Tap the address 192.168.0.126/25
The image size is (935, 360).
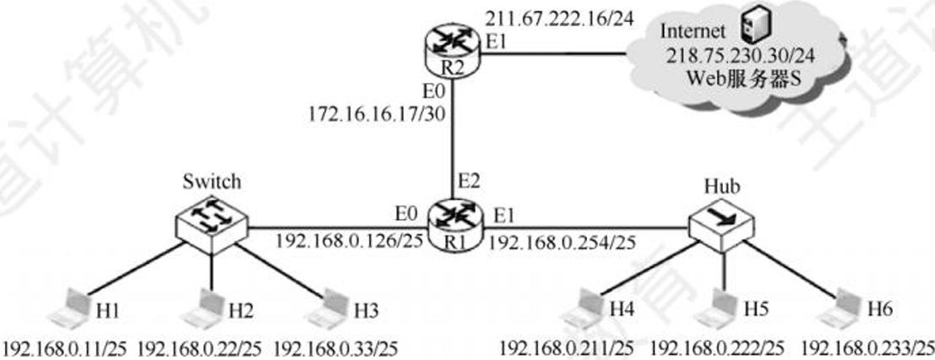tap(350, 242)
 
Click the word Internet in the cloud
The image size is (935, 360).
tap(694, 30)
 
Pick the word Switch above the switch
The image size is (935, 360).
tap(212, 181)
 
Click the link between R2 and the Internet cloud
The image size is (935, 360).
tap(553, 54)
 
